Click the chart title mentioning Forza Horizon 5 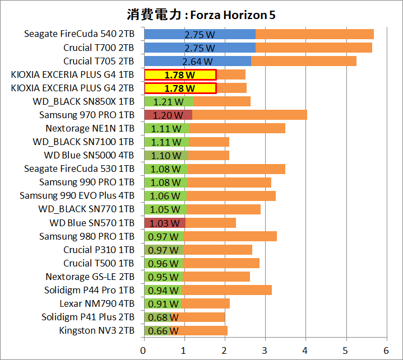tap(201, 14)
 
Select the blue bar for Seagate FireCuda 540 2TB tap(200, 34)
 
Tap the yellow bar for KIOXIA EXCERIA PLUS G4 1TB tap(180, 74)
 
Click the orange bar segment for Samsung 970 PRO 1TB tap(249, 115)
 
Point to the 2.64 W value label tap(197, 61)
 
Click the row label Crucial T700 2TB tap(99, 48)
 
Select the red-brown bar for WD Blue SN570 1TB tap(165, 223)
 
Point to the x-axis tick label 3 tap(265, 350)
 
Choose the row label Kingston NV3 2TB tap(96, 330)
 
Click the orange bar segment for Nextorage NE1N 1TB tap(237, 128)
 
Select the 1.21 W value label tap(168, 101)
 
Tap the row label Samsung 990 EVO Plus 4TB tap(77, 195)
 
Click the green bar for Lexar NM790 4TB tap(163, 303)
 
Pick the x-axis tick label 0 tap(144, 350)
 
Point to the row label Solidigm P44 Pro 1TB tap(89, 290)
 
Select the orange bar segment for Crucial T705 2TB tap(303, 61)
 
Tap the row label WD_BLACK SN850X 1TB tap(84, 101)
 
